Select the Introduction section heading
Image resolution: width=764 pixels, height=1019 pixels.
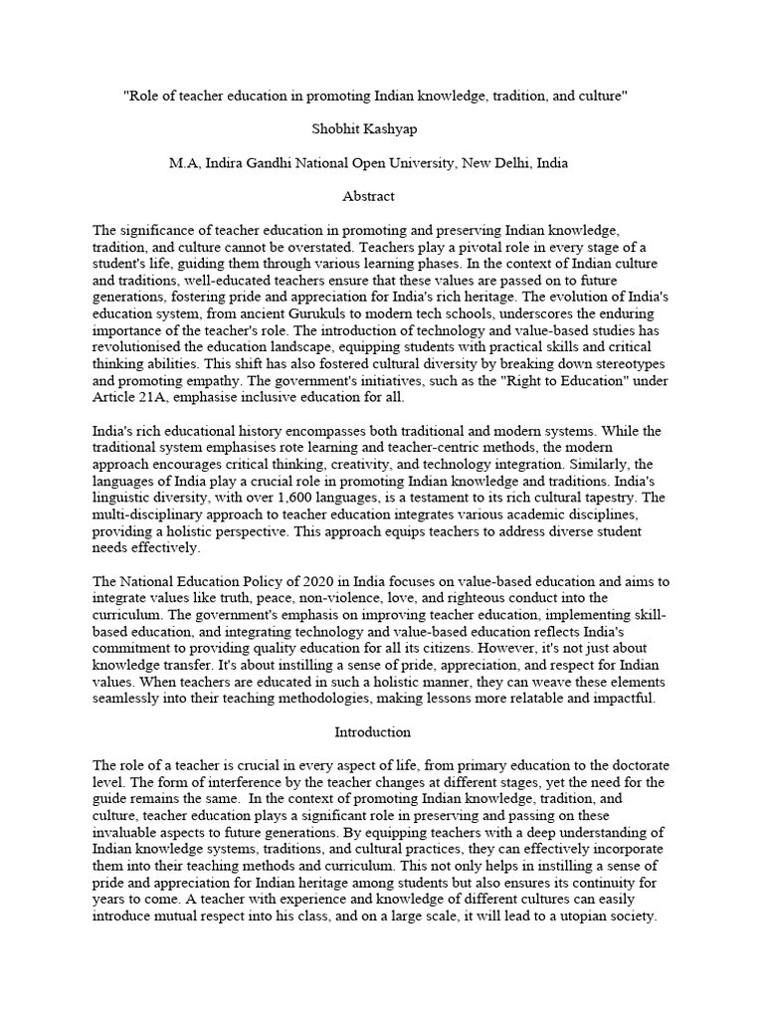(x=371, y=731)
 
